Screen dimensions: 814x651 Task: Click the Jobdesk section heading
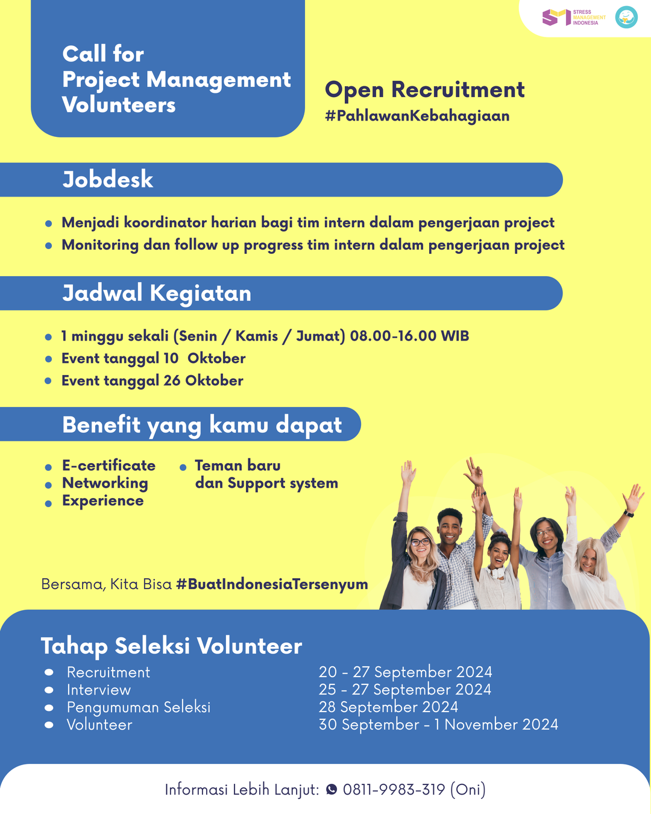pos(108,180)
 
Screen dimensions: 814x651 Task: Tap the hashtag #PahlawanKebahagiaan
pos(417,116)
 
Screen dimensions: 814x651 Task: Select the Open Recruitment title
pos(424,90)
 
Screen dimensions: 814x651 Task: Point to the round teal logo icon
pos(626,17)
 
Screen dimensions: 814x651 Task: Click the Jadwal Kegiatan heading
pos(157,294)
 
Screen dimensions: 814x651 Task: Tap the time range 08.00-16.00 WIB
pos(409,336)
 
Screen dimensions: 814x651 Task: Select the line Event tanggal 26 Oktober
pos(153,380)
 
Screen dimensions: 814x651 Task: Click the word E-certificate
pos(108,465)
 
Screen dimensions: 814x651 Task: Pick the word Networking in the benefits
pos(105,483)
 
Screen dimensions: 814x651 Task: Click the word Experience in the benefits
pos(103,500)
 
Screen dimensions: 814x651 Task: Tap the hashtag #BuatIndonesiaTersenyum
pos(272,584)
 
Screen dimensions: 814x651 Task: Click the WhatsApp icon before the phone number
pos(332,789)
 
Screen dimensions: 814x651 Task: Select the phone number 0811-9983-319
pos(394,789)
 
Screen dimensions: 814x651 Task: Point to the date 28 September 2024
pos(388,707)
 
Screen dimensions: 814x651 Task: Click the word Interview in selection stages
pos(99,690)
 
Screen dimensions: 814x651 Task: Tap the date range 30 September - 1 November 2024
pos(438,724)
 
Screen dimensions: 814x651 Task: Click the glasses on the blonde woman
pos(420,542)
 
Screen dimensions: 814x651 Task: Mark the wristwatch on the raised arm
pos(629,514)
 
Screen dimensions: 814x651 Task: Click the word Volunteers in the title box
pos(119,105)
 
